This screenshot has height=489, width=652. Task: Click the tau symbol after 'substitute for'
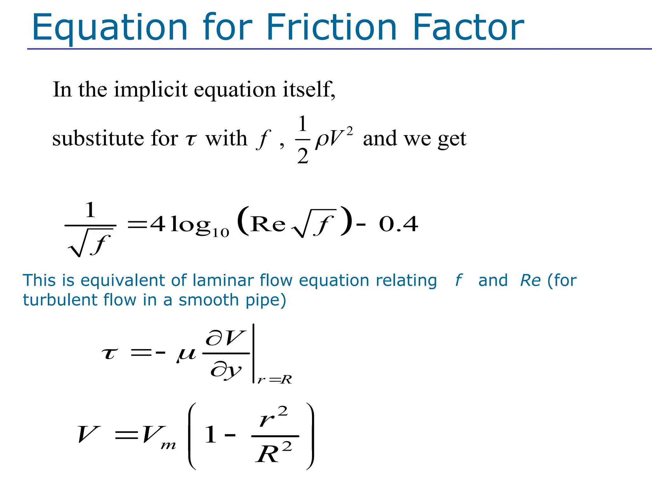pos(191,140)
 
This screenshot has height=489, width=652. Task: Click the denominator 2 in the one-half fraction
pos(303,156)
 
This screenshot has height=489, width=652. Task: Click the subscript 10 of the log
pos(221,233)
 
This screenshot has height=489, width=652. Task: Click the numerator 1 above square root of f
pos(90,210)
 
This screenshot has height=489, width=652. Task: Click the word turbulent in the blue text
pos(60,300)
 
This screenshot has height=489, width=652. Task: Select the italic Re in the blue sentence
pos(530,281)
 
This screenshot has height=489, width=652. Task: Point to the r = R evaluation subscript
pos(275,379)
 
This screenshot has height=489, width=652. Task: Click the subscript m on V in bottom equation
pos(168,445)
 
